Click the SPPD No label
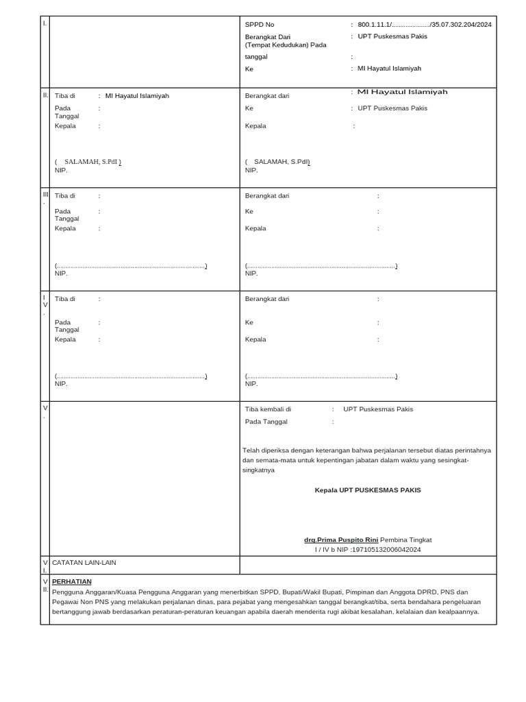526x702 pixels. (x=260, y=25)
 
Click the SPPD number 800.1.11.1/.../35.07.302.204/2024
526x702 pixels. (x=424, y=25)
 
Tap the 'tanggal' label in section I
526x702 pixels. (x=256, y=57)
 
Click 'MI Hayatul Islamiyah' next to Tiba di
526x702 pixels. (x=137, y=96)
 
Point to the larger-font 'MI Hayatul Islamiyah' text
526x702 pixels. (x=402, y=92)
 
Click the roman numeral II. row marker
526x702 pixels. (x=45, y=95)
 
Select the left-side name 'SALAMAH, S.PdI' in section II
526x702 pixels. (x=92, y=162)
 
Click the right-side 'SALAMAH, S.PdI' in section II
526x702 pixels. (x=281, y=162)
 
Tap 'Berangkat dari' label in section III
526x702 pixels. (x=267, y=196)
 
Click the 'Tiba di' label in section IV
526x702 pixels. (x=65, y=299)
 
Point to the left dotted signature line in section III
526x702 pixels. (x=131, y=266)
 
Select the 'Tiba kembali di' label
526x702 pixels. (x=268, y=409)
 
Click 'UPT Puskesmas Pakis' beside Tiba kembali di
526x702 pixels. (x=378, y=409)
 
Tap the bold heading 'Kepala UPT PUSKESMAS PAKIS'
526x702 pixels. (x=368, y=490)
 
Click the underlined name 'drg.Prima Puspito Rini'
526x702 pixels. (x=341, y=540)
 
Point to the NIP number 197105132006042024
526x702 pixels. (x=386, y=549)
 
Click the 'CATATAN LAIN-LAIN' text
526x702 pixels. (x=84, y=563)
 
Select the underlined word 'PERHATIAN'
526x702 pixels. (x=72, y=581)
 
